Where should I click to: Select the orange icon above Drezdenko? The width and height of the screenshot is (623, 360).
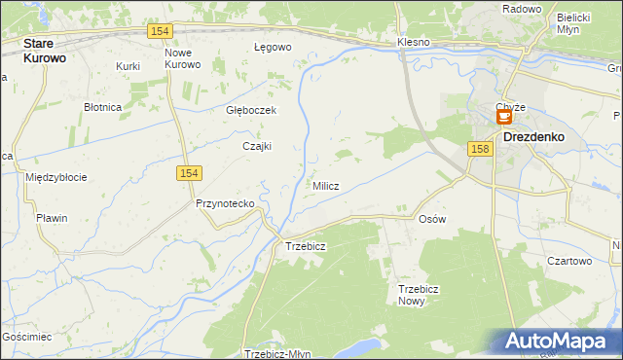coord(504,117)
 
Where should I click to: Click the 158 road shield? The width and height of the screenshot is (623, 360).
coord(478,149)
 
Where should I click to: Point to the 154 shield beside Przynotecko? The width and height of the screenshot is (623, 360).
coord(190,172)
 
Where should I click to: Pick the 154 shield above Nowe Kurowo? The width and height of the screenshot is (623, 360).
coord(162,31)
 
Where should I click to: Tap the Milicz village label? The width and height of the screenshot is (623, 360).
coord(325,186)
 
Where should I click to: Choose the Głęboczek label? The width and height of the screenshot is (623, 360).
coord(251,110)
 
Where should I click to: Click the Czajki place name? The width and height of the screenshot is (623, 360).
coord(257,147)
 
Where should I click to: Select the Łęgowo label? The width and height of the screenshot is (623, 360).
coord(273,47)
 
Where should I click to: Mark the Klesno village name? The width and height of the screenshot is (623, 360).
coord(413,44)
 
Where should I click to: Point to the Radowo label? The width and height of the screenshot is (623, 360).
coord(522,9)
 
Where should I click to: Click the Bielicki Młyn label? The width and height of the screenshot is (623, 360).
coord(574,23)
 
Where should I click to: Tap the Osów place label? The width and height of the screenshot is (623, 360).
coord(431,219)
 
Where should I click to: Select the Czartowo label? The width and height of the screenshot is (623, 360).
coord(569,261)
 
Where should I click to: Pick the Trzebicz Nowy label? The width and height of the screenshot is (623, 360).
coord(420,295)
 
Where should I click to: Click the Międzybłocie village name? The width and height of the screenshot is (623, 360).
coord(56,177)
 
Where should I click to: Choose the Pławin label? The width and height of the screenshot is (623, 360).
coord(52,218)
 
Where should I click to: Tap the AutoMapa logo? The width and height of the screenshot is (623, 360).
coord(559,342)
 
